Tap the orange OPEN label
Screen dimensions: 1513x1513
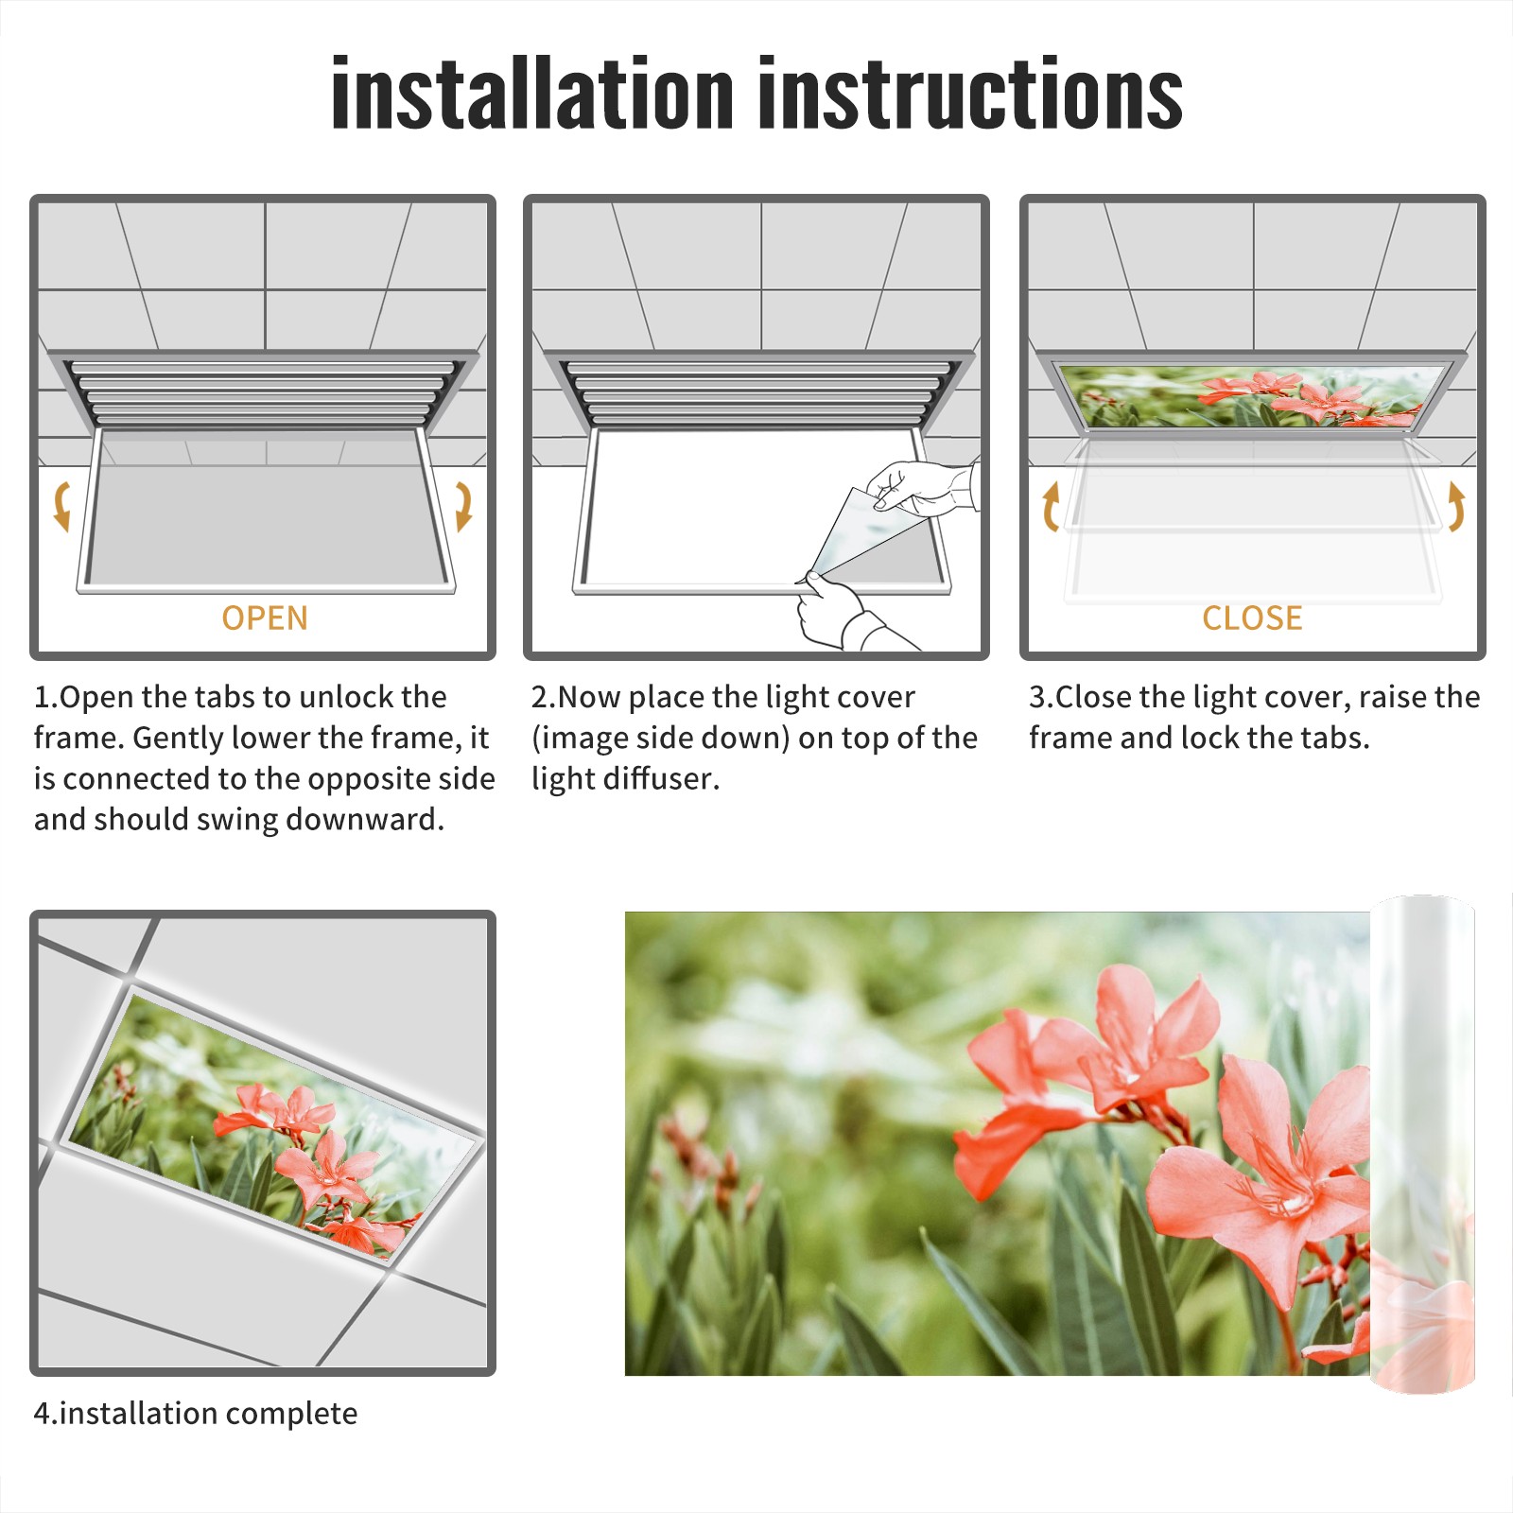pos(265,618)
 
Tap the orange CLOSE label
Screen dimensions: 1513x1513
pos(1252,618)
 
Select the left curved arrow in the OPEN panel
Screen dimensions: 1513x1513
pos(62,506)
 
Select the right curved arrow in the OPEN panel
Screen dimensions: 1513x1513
pos(463,506)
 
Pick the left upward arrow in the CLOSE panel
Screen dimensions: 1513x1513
pos(1051,506)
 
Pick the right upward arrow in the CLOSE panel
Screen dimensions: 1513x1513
pos(1456,506)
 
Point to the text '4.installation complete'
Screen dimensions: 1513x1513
pos(196,1414)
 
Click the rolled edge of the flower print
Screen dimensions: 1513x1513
pos(1422,1144)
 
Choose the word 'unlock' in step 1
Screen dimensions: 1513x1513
pos(346,697)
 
